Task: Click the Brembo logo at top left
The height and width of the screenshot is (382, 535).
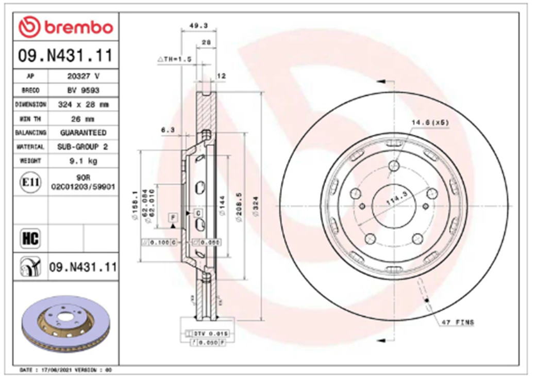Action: (x=65, y=27)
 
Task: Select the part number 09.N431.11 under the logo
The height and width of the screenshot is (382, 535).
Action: (x=65, y=55)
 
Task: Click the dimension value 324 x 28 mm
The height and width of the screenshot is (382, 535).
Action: (x=83, y=104)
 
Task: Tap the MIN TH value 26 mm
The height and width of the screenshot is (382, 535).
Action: (x=83, y=118)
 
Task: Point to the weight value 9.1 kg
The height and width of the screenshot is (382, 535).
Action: (x=83, y=161)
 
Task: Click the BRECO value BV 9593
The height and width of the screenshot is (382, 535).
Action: (x=83, y=90)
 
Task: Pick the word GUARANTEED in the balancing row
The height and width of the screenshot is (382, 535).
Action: (x=83, y=133)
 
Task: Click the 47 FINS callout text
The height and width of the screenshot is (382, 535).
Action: (x=458, y=322)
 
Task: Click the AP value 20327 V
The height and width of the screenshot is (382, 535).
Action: (x=83, y=76)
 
